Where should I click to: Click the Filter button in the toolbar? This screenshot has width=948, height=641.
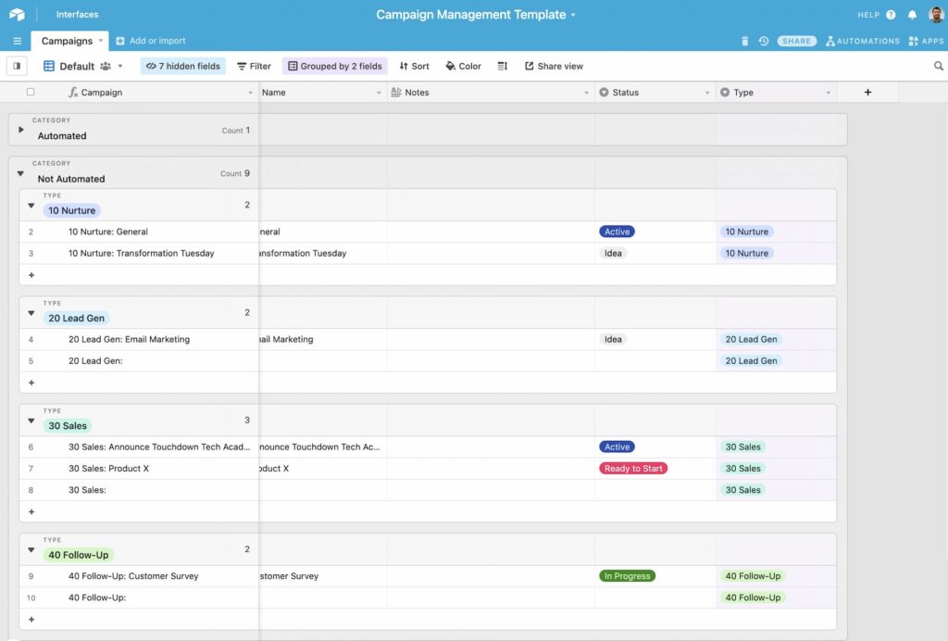(x=254, y=67)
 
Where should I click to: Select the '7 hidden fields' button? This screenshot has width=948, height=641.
(x=182, y=67)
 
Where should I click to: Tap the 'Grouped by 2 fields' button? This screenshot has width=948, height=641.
(x=334, y=67)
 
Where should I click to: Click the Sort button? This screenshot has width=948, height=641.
(x=414, y=67)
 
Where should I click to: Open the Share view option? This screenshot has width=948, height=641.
(x=554, y=67)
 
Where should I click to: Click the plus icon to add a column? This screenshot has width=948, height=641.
(x=867, y=93)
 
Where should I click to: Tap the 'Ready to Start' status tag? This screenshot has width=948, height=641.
(x=633, y=469)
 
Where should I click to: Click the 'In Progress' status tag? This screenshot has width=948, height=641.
(x=627, y=576)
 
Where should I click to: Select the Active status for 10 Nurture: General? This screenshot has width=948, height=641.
(x=617, y=232)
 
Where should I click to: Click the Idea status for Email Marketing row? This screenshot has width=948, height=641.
(x=613, y=340)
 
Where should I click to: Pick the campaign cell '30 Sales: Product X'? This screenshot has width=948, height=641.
(x=108, y=469)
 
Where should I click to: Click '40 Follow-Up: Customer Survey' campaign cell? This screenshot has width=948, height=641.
(x=133, y=576)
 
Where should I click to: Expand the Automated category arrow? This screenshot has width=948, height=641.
(x=21, y=130)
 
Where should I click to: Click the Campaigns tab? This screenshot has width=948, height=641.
(x=67, y=41)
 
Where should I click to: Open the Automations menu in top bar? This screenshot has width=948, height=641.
(x=862, y=41)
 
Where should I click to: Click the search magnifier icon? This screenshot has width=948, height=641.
(x=939, y=67)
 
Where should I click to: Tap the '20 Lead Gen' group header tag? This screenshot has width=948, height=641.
(x=76, y=319)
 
